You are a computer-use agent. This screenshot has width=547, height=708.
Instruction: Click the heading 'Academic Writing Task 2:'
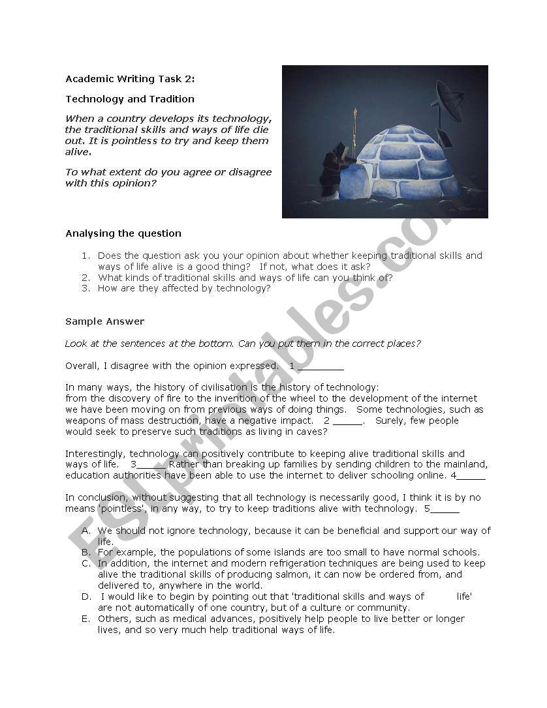[x=130, y=80]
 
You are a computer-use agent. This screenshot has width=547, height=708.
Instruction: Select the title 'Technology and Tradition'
[x=130, y=99]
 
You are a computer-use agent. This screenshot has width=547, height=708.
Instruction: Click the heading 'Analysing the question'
[x=123, y=233]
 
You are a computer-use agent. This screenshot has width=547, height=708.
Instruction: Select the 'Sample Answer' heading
[x=104, y=321]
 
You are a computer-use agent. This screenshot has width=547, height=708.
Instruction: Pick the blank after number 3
[x=151, y=465]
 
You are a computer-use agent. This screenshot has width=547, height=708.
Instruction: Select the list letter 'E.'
[x=86, y=619]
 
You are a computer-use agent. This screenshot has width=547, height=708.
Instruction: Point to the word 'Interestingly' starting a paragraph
[x=95, y=454]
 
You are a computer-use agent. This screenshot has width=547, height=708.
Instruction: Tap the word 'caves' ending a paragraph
[x=312, y=432]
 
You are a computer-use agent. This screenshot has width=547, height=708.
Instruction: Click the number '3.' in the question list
[x=86, y=288]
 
